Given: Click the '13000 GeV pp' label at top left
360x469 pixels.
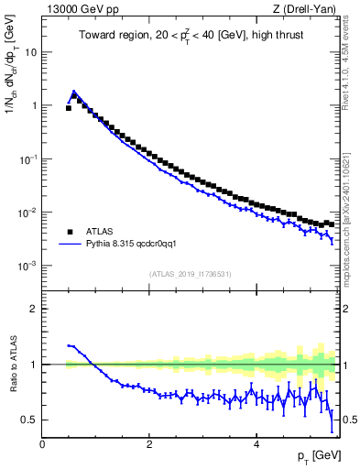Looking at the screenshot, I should click(x=76, y=9).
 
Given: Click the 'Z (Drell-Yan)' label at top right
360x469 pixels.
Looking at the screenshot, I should click(x=305, y=9).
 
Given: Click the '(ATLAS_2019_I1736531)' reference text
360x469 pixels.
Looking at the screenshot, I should click(x=191, y=273).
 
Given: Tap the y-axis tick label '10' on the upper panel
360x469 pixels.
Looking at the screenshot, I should click(x=30, y=52).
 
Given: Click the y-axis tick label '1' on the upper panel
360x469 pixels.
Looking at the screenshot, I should click(x=34, y=105).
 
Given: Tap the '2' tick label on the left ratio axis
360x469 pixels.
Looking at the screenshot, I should click(x=34, y=309).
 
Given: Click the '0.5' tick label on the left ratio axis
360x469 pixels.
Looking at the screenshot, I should click(x=29, y=420).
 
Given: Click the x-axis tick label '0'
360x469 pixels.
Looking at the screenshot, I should click(x=42, y=445).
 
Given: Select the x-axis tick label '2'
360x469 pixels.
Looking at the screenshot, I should click(x=148, y=445).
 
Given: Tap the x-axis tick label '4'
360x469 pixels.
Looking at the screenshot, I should click(x=256, y=445).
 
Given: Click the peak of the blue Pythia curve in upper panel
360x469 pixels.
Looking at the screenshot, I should click(x=74, y=92).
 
